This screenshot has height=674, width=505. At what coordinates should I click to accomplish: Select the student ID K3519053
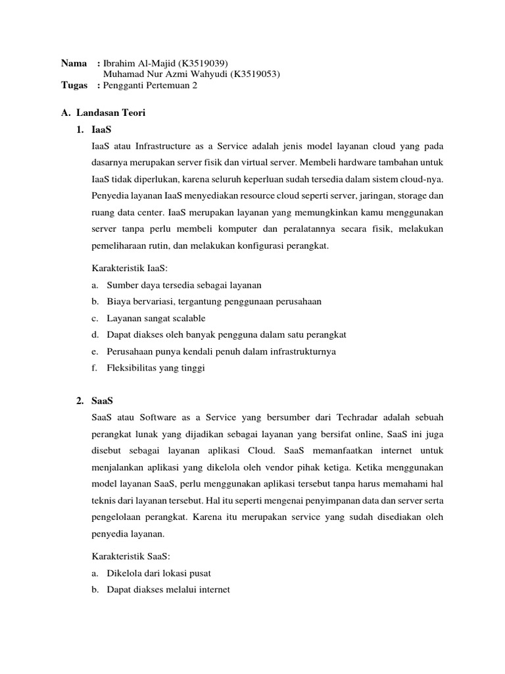coord(253,74)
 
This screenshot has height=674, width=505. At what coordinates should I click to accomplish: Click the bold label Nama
coord(74,63)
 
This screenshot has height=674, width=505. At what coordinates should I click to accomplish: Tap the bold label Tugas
coord(75,86)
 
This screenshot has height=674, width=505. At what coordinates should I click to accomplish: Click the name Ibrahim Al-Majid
coord(136,63)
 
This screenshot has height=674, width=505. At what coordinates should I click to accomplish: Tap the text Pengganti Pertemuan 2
coord(150,86)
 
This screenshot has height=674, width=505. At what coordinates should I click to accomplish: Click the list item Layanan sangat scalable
coord(156,318)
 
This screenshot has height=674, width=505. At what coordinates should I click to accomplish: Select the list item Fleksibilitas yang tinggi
coord(156,368)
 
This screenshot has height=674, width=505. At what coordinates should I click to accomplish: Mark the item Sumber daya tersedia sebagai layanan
coord(184,284)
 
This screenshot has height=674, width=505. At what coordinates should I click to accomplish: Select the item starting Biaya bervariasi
coord(214,301)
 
